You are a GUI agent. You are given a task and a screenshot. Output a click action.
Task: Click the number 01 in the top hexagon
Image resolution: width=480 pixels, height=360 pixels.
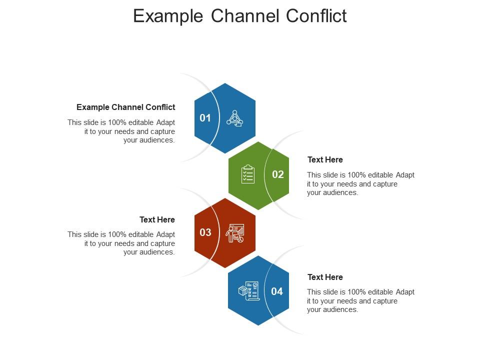[205, 118]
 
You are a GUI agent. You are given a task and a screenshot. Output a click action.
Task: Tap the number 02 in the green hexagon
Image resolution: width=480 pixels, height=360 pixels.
[278, 174]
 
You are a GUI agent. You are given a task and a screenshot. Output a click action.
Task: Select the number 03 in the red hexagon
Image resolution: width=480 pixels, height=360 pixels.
[205, 232]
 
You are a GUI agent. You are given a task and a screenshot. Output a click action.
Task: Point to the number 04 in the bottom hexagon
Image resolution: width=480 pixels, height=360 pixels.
[277, 291]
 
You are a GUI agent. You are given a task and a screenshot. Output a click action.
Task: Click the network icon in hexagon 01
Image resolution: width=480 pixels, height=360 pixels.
[234, 118]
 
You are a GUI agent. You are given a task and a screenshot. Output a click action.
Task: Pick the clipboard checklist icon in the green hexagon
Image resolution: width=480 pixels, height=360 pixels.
[248, 174]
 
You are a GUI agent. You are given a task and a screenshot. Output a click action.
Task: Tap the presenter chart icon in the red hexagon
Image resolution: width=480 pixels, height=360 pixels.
[235, 233]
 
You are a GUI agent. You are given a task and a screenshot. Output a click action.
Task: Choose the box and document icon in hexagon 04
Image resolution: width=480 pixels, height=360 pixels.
[248, 291]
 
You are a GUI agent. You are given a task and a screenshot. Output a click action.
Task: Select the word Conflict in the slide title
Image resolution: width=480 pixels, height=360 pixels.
[316, 16]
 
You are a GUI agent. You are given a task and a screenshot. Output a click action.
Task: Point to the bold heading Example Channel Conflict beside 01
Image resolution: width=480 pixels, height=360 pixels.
[125, 107]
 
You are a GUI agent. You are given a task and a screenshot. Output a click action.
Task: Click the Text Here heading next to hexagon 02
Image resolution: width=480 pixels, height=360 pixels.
[325, 159]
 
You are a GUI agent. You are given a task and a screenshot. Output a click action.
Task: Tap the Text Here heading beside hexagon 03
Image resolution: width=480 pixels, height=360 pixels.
[157, 219]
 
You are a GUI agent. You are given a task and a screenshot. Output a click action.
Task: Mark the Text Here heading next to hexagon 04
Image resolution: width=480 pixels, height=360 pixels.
[325, 277]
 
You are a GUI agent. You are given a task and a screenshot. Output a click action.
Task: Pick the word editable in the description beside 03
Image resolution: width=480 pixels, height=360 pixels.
[140, 234]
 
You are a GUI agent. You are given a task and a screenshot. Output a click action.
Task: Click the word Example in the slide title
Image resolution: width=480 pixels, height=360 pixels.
[167, 16]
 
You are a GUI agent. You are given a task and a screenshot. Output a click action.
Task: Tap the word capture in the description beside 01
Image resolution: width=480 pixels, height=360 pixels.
[163, 131]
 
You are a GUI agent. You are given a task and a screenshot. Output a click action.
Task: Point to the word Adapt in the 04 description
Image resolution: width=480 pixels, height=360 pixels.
[405, 292]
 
